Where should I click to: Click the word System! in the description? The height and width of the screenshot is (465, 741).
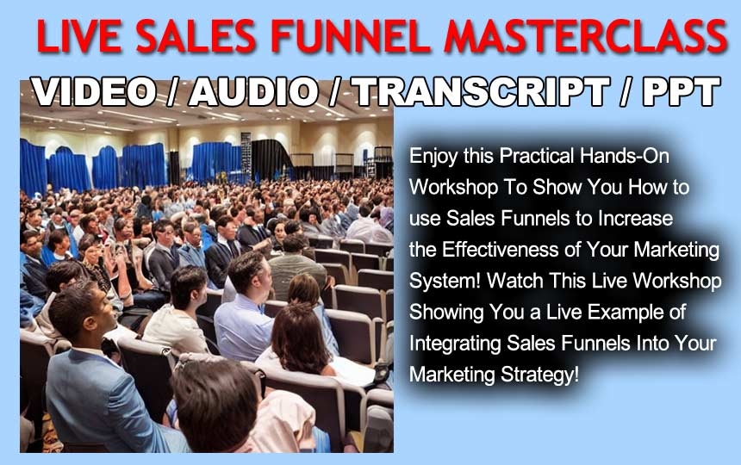[x=445, y=282]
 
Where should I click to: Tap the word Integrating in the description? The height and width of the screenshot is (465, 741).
[x=455, y=344]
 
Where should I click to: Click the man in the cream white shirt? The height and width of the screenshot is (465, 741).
[x=178, y=312]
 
